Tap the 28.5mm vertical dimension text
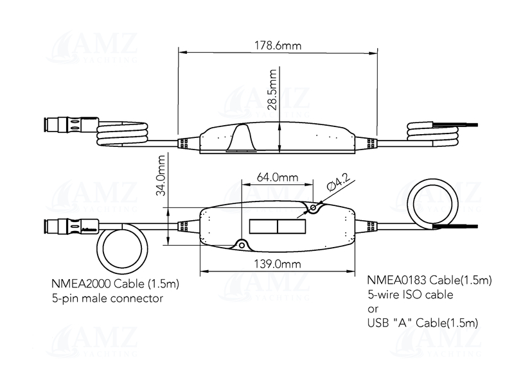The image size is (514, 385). point(272,89)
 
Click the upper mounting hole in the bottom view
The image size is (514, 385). point(314,208)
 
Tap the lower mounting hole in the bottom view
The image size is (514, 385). point(242,244)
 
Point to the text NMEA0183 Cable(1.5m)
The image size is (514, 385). point(429,280)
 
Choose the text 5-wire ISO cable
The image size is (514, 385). point(410,295)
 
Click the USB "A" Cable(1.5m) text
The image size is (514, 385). point(423,323)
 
